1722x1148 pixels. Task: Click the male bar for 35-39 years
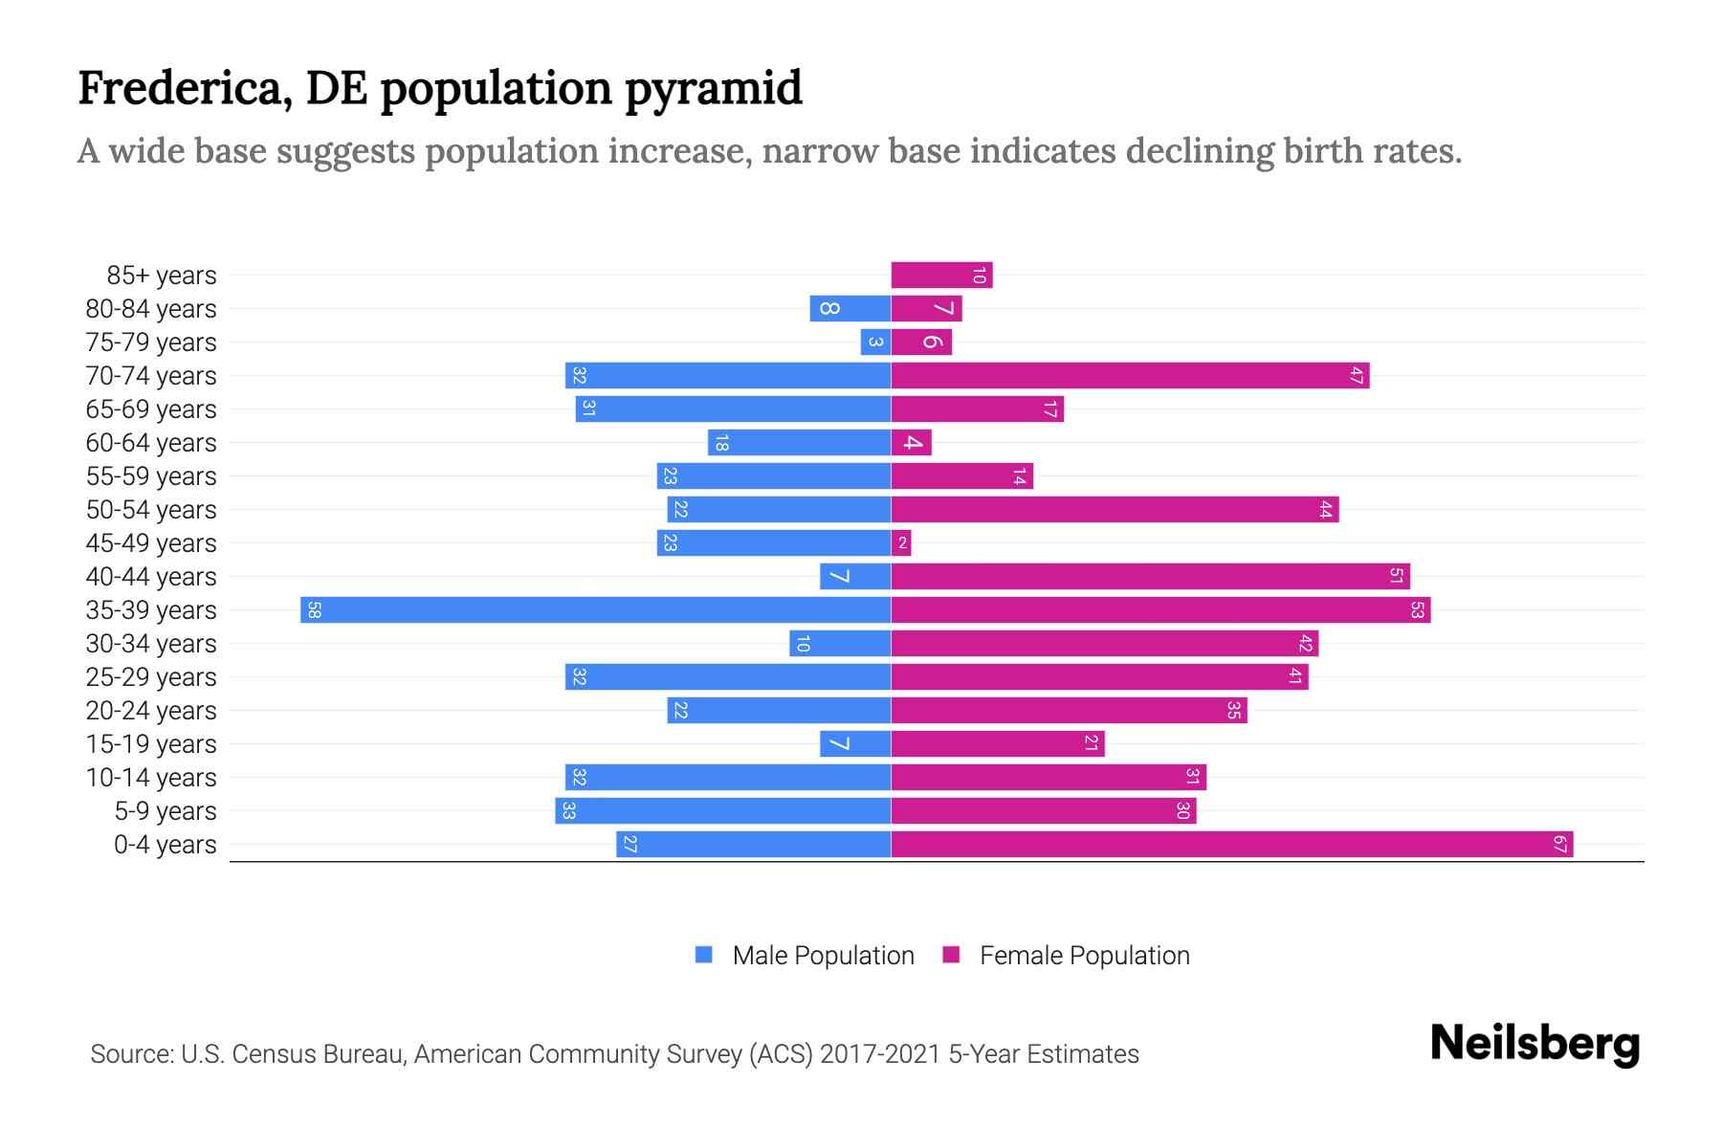(595, 610)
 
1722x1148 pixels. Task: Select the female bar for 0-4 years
(1231, 845)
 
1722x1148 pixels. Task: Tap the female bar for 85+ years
(941, 276)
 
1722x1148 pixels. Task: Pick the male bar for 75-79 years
(875, 342)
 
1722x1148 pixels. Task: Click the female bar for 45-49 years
(901, 543)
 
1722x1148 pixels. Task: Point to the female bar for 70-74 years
(1129, 376)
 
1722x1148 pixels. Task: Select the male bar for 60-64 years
(799, 443)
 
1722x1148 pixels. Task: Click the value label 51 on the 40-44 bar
(1396, 577)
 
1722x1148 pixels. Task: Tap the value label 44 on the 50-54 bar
(1325, 510)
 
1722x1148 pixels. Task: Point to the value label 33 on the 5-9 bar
(568, 811)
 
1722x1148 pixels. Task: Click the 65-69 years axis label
(151, 409)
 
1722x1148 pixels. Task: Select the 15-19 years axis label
(151, 744)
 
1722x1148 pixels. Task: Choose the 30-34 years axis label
(151, 644)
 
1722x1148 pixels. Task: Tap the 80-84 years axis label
(151, 309)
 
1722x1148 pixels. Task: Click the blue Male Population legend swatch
(704, 955)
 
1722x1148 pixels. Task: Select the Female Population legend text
(1084, 956)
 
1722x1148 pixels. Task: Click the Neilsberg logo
(1534, 1044)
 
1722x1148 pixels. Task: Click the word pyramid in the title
(714, 89)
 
